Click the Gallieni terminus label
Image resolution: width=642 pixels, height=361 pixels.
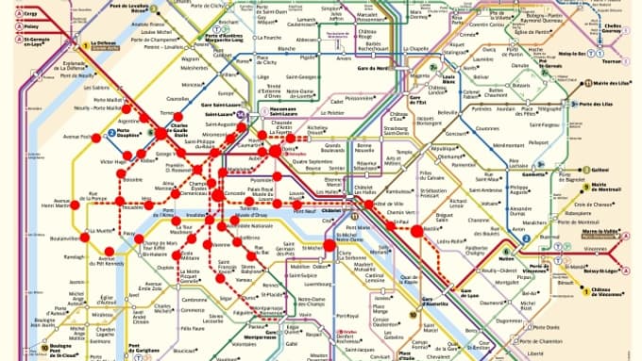(x=599, y=171)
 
